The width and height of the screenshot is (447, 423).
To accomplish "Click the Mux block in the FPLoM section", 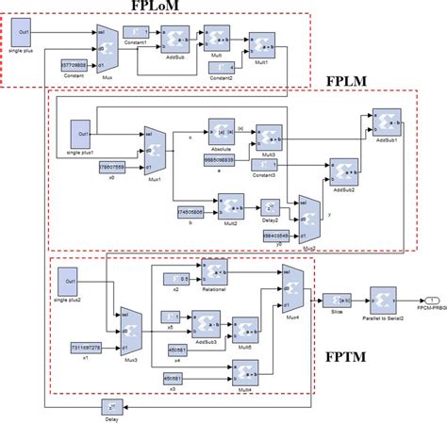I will point(108,46).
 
